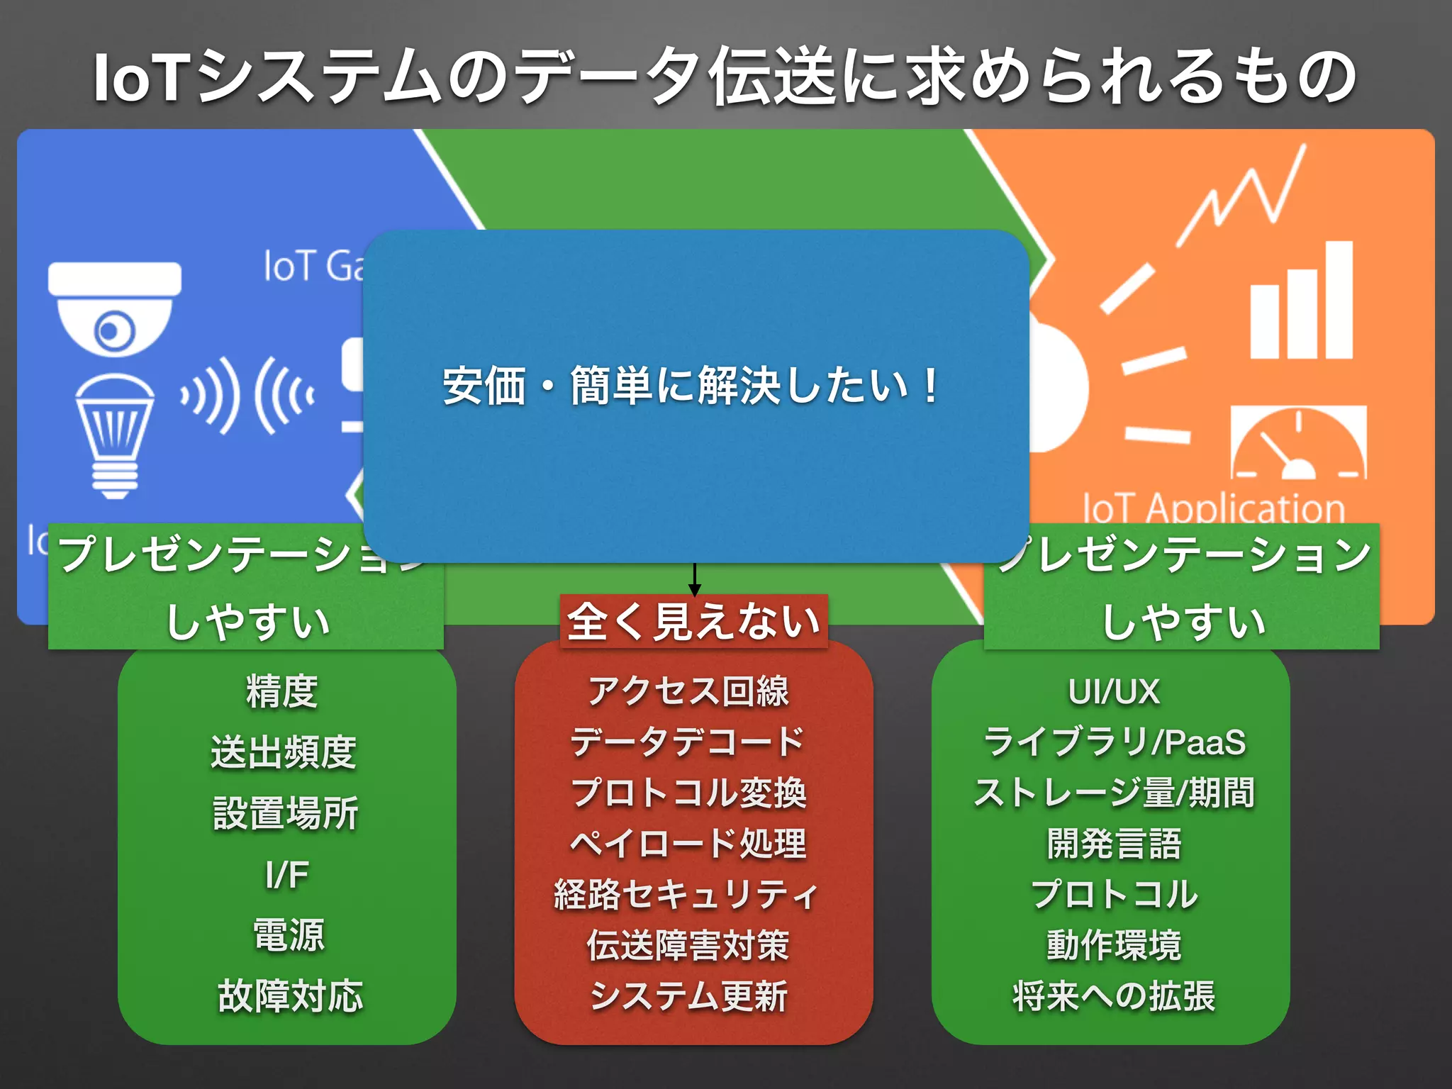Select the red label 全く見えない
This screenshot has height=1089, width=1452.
(694, 622)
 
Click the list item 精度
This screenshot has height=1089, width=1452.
(282, 691)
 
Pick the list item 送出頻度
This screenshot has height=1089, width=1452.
(284, 752)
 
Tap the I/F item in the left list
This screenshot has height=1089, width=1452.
(286, 874)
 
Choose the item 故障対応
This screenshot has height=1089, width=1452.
(290, 995)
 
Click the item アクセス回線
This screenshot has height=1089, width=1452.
(688, 691)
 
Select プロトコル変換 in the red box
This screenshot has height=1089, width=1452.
(689, 793)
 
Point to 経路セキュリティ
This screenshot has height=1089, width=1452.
(686, 894)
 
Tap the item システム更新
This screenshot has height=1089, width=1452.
(688, 995)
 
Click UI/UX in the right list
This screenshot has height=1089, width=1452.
(1114, 691)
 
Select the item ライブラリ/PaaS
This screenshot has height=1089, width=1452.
(1114, 742)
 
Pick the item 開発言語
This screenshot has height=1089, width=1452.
(1114, 844)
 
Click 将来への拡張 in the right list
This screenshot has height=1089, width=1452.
(1114, 995)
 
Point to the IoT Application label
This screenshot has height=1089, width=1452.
(1214, 508)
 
